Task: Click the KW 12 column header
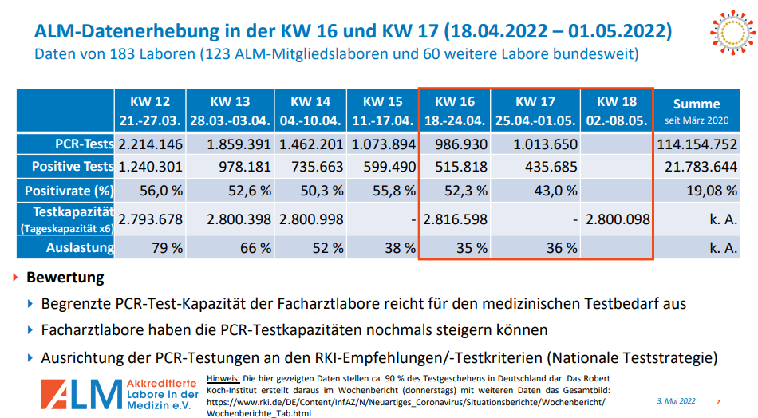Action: tap(151, 111)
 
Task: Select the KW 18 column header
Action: tap(617, 111)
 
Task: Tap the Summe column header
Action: tap(697, 111)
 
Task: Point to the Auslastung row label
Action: tap(79, 247)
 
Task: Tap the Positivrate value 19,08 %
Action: tap(711, 191)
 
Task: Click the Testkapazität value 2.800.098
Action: tap(617, 219)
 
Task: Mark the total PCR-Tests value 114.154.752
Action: tap(697, 145)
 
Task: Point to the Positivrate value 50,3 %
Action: tap(319, 191)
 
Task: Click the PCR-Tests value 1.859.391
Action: tap(239, 145)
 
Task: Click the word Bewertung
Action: tap(65, 278)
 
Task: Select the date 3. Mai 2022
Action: tap(677, 400)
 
